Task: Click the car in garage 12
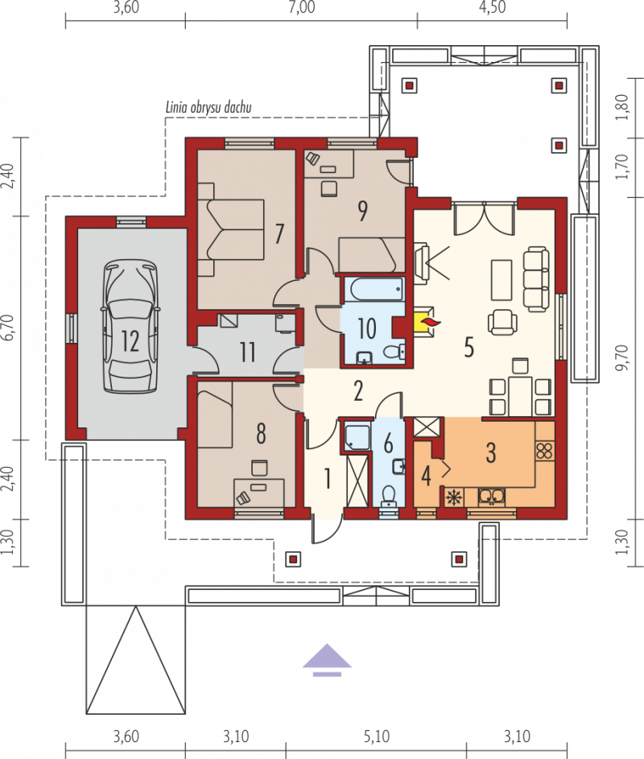pos(130,327)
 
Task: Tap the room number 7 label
pos(279,233)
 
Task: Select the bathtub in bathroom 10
pos(376,290)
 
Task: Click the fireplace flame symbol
pos(430,321)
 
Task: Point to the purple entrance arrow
pos(328,660)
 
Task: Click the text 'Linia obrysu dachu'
pos(208,107)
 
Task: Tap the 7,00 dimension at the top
pos(302,7)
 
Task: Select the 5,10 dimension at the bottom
pos(376,736)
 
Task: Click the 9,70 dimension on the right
pos(622,357)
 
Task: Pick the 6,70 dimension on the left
pos(9,328)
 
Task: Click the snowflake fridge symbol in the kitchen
pos(454,497)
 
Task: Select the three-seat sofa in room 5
pos(536,278)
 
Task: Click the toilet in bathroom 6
pos(388,495)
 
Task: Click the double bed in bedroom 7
pos(231,230)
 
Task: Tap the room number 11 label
pos(247,352)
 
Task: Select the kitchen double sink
pos(492,497)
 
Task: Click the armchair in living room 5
pos(502,321)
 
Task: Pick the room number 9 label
pos(362,211)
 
